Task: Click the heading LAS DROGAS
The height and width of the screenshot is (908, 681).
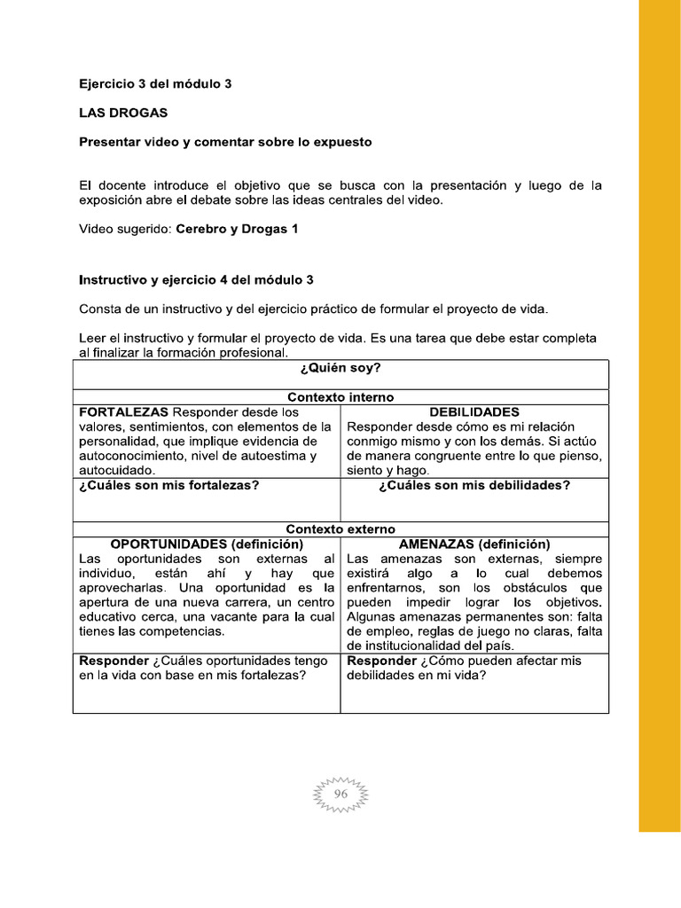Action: click(x=122, y=113)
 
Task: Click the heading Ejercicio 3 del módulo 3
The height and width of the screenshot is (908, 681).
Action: click(x=155, y=84)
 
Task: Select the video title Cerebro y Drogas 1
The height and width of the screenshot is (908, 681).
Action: click(x=237, y=229)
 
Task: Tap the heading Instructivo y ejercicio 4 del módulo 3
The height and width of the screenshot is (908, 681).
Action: click(x=196, y=279)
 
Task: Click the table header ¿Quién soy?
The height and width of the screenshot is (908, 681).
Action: click(x=340, y=367)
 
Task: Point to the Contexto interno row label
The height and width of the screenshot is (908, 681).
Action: click(x=340, y=397)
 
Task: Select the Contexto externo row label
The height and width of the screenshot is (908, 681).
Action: click(x=340, y=528)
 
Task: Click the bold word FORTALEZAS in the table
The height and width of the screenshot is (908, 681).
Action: click(x=124, y=412)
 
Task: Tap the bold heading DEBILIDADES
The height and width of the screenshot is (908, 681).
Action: click(x=474, y=412)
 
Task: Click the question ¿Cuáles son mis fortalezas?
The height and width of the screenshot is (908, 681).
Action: click(x=168, y=485)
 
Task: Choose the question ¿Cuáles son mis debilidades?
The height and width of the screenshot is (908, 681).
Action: click(x=474, y=485)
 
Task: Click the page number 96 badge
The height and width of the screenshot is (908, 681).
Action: click(x=341, y=795)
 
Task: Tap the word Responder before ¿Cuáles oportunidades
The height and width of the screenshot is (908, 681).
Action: click(x=113, y=661)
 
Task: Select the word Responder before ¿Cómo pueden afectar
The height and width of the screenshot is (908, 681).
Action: click(x=381, y=661)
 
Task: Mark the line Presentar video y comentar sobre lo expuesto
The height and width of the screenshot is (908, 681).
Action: click(x=225, y=142)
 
